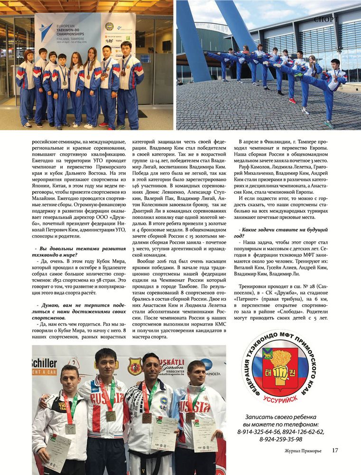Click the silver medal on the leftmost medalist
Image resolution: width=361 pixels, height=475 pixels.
[x=70, y=428]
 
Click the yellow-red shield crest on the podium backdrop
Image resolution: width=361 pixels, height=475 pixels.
[x=135, y=366]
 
